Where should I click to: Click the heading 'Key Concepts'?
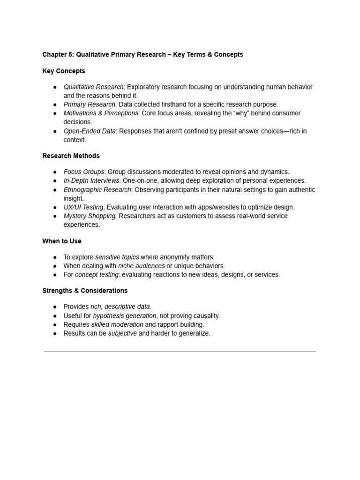(x=64, y=71)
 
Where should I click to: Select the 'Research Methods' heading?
(x=71, y=156)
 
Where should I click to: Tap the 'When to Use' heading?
(x=62, y=241)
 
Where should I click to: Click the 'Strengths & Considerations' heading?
(x=85, y=291)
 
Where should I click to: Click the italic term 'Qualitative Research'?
(x=93, y=87)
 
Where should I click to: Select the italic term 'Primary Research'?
(x=89, y=105)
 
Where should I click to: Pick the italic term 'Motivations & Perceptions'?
(x=101, y=113)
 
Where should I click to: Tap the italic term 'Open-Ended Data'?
(x=89, y=131)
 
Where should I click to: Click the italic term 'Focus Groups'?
(x=84, y=172)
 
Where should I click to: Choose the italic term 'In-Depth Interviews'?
(x=92, y=180)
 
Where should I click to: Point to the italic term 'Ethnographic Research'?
(x=97, y=190)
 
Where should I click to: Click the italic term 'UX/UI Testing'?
(x=83, y=207)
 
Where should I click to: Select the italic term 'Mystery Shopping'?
(x=89, y=216)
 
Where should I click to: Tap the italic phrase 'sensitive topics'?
(x=117, y=257)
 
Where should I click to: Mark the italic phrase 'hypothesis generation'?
(x=124, y=316)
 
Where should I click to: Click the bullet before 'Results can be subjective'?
(x=55, y=333)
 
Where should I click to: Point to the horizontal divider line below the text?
(x=180, y=351)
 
